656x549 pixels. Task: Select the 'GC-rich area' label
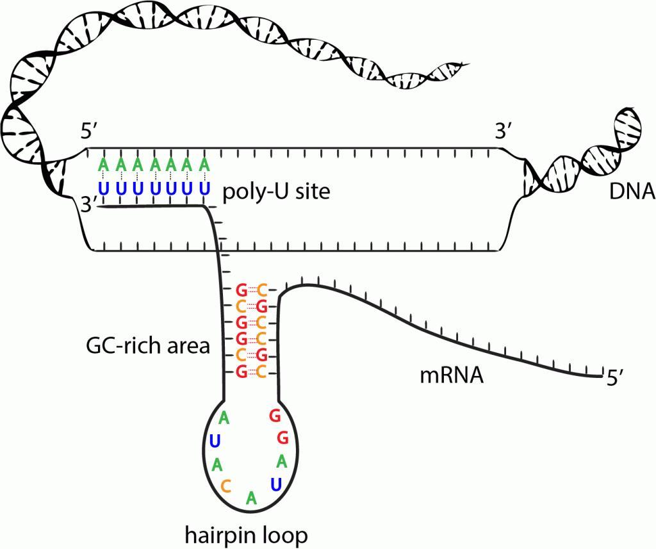coord(148,347)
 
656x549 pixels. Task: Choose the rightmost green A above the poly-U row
coord(204,165)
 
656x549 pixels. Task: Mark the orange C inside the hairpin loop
coord(225,486)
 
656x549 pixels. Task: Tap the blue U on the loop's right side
coord(275,483)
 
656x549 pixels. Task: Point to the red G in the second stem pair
coord(261,306)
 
